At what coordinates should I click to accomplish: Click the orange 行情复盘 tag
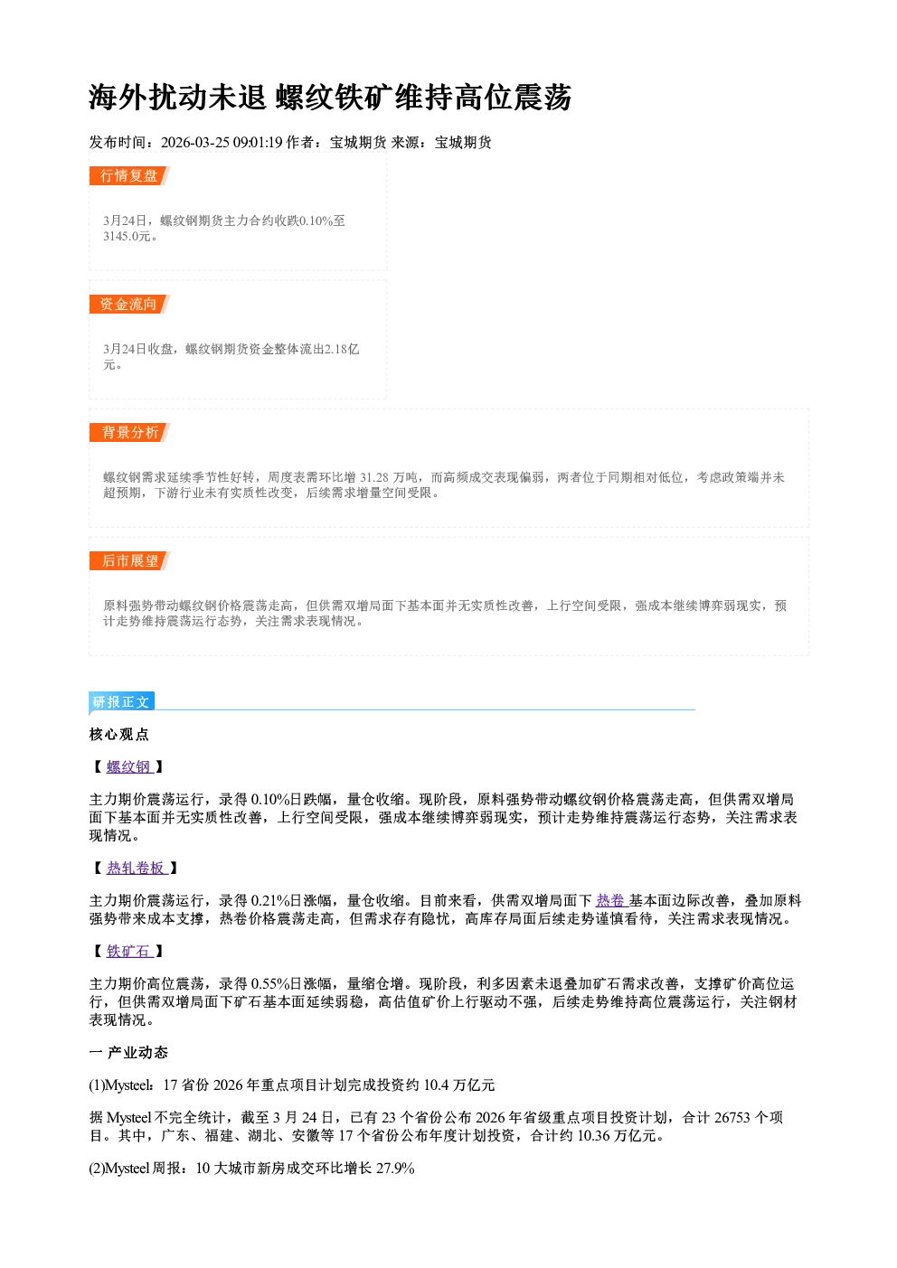(x=129, y=175)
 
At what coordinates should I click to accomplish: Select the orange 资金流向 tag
(x=129, y=304)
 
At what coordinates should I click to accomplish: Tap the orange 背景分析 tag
(x=129, y=433)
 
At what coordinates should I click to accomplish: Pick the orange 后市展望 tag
(x=129, y=561)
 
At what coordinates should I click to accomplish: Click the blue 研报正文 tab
(x=121, y=702)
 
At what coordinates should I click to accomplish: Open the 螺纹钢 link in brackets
(x=129, y=767)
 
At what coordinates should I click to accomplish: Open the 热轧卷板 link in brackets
(x=137, y=869)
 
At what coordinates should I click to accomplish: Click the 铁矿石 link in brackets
(x=129, y=952)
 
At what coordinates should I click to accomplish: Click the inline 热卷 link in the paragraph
(x=611, y=901)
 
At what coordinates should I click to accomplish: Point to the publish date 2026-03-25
(x=194, y=142)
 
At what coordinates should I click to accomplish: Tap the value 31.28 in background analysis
(x=374, y=478)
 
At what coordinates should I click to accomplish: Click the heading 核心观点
(x=119, y=735)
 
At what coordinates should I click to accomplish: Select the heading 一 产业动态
(x=128, y=1052)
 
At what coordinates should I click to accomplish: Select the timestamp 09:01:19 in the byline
(x=258, y=142)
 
